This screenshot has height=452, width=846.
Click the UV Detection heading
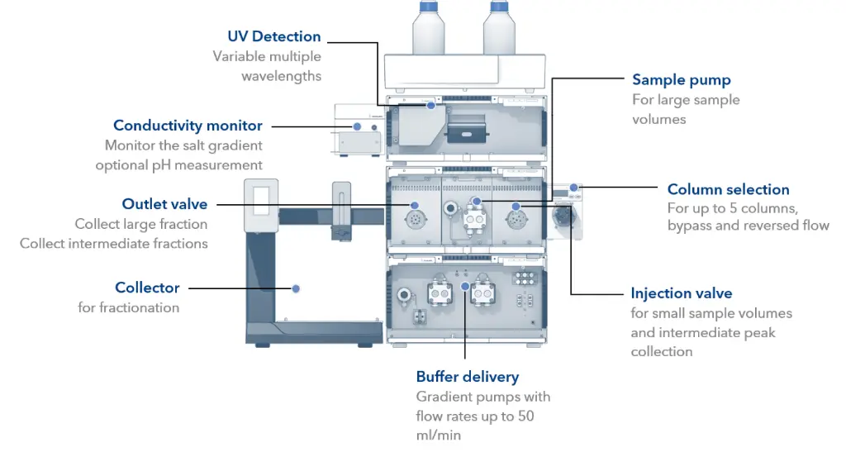[274, 36]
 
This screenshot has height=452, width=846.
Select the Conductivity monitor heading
[188, 126]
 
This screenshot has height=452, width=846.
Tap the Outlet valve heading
[164, 204]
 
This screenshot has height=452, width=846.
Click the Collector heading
[147, 288]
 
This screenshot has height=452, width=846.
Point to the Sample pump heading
[681, 80]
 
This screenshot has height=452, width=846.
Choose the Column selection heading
[728, 189]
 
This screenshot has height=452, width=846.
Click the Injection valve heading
[681, 293]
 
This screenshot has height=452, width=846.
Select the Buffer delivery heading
[467, 377]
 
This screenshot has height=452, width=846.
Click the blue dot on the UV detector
[430, 106]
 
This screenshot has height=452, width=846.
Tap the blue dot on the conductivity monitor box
[357, 126]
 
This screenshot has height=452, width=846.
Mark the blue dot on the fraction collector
[295, 288]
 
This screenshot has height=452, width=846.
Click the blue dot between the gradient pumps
[465, 287]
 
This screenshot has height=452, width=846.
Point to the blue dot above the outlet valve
[414, 205]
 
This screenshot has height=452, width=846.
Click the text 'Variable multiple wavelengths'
[267, 66]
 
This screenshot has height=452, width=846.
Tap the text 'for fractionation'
[128, 307]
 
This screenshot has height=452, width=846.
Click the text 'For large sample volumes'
[686, 109]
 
